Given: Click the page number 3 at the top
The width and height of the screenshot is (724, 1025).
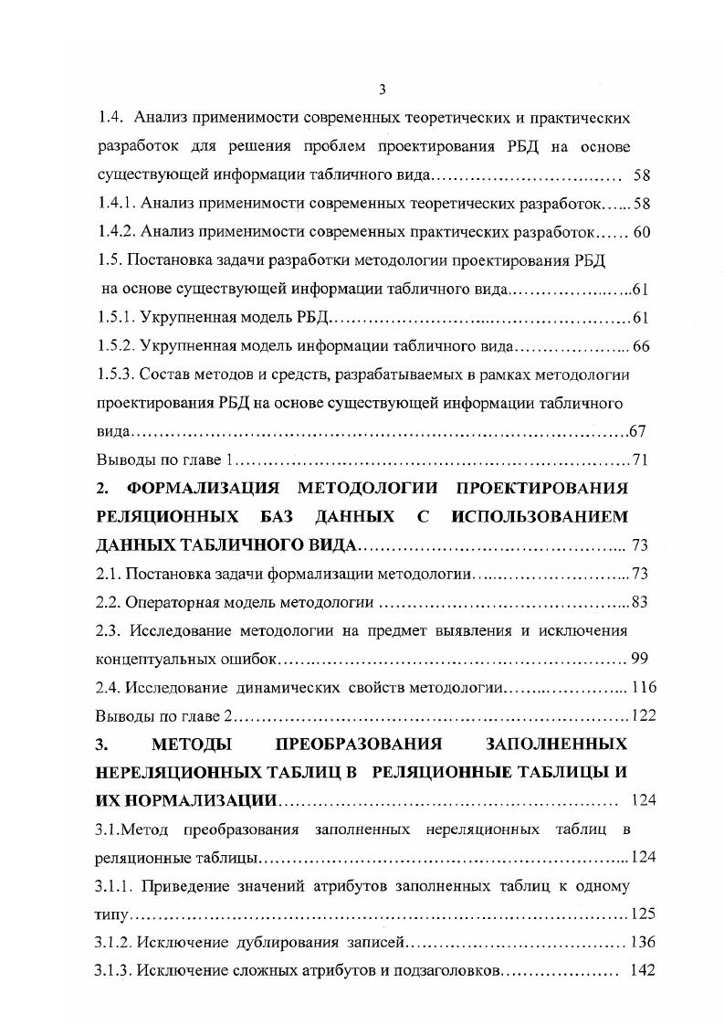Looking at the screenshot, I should (383, 89).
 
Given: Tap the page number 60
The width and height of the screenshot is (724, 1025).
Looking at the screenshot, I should (641, 232).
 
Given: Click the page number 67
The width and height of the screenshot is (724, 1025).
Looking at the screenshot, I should (638, 431).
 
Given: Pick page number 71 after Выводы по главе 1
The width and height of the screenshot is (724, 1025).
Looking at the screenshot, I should (639, 460).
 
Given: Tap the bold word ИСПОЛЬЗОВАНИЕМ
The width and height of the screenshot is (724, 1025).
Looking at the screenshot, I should (540, 517).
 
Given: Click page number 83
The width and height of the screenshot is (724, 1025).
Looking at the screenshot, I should (639, 602).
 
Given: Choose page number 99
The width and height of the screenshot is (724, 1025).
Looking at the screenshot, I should (639, 659).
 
